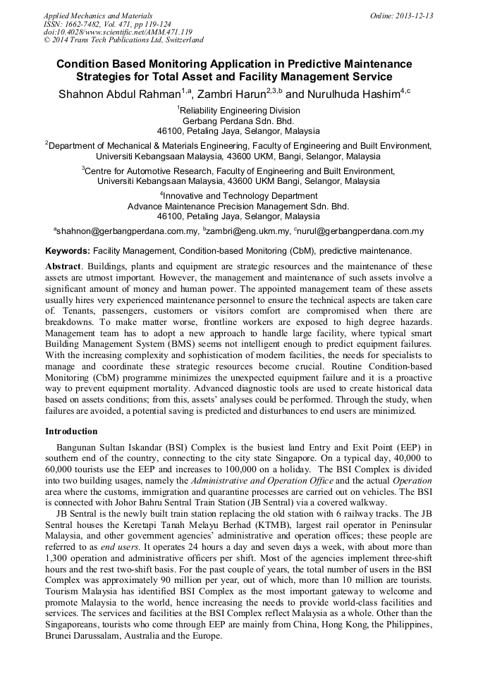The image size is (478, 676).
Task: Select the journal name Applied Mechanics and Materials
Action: (98, 15)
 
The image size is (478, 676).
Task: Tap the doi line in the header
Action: (118, 32)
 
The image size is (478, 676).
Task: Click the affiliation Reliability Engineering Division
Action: (240, 110)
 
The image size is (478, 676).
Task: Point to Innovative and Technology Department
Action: (240, 195)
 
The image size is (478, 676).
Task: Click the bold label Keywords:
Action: (68, 250)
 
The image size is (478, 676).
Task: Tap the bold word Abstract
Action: (63, 266)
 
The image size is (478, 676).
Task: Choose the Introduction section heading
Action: (71, 431)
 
